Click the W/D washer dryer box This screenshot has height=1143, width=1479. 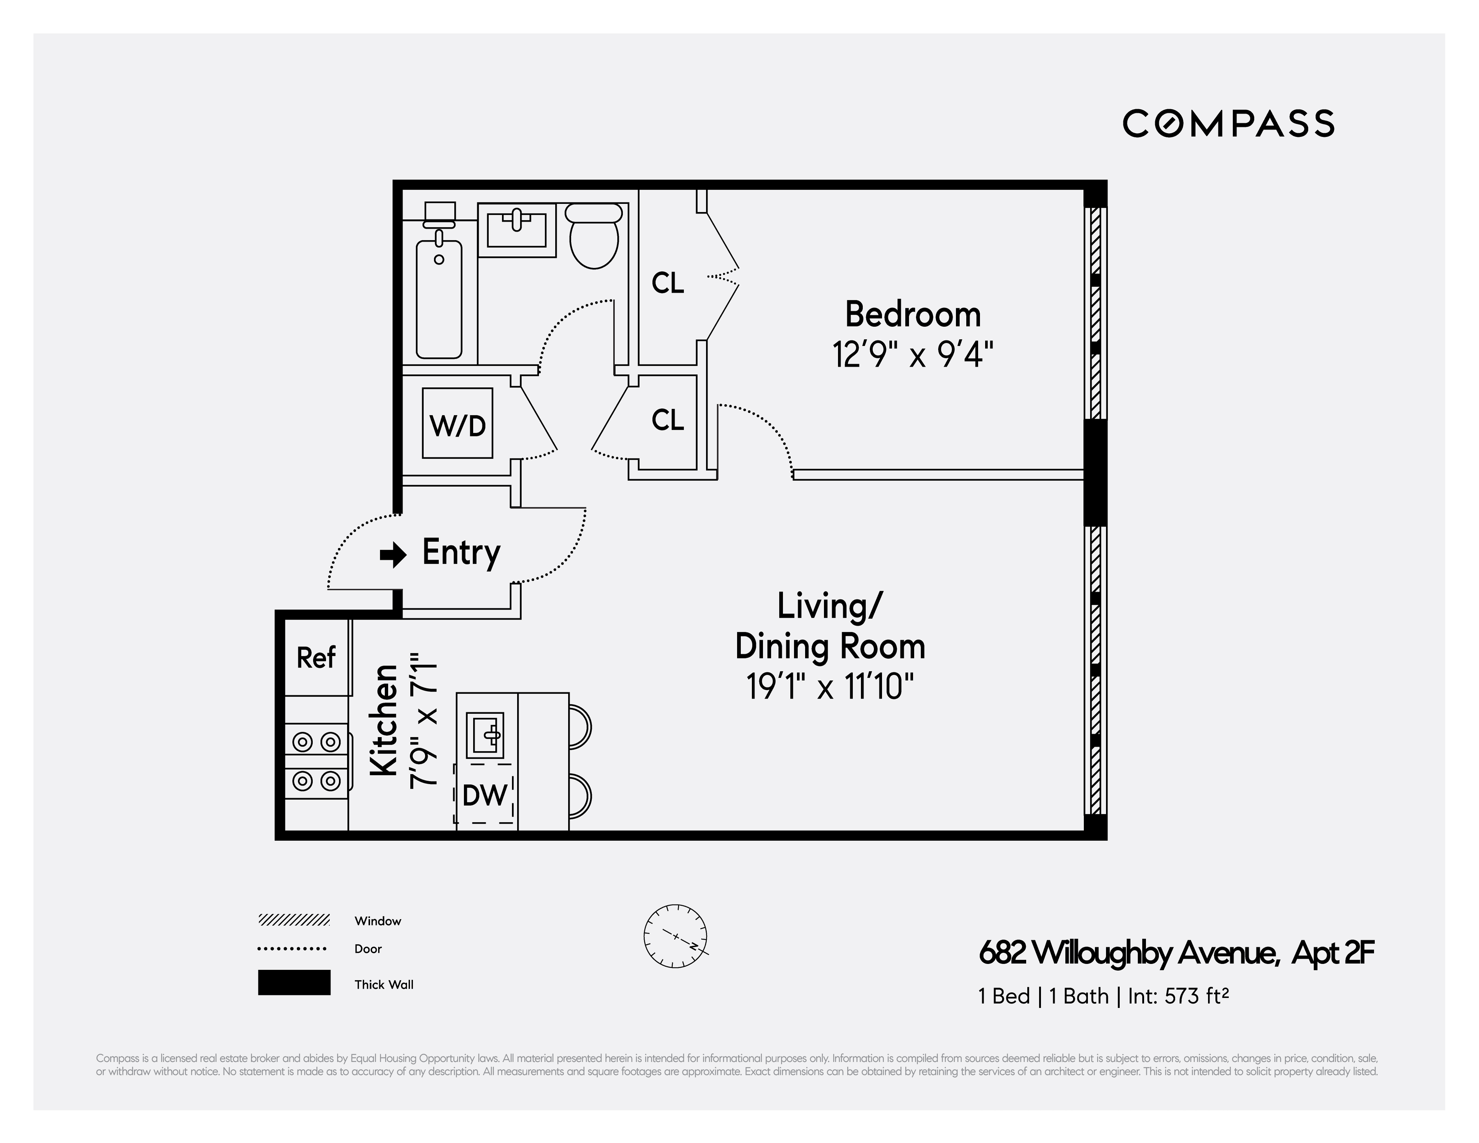[457, 424]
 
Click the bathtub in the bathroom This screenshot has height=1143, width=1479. [439, 298]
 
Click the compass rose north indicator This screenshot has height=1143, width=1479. [675, 936]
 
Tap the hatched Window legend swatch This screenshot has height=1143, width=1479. [294, 920]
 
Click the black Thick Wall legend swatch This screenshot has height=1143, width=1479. [294, 982]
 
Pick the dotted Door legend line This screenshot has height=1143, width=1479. [292, 948]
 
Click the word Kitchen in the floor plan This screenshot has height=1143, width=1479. [384, 720]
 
